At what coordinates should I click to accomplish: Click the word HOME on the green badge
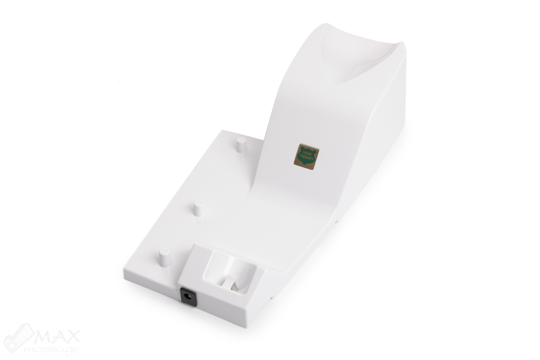(306, 153)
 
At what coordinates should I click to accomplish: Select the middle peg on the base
(198, 208)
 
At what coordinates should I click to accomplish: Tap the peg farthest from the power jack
(242, 144)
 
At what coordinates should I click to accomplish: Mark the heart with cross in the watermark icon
(18, 338)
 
